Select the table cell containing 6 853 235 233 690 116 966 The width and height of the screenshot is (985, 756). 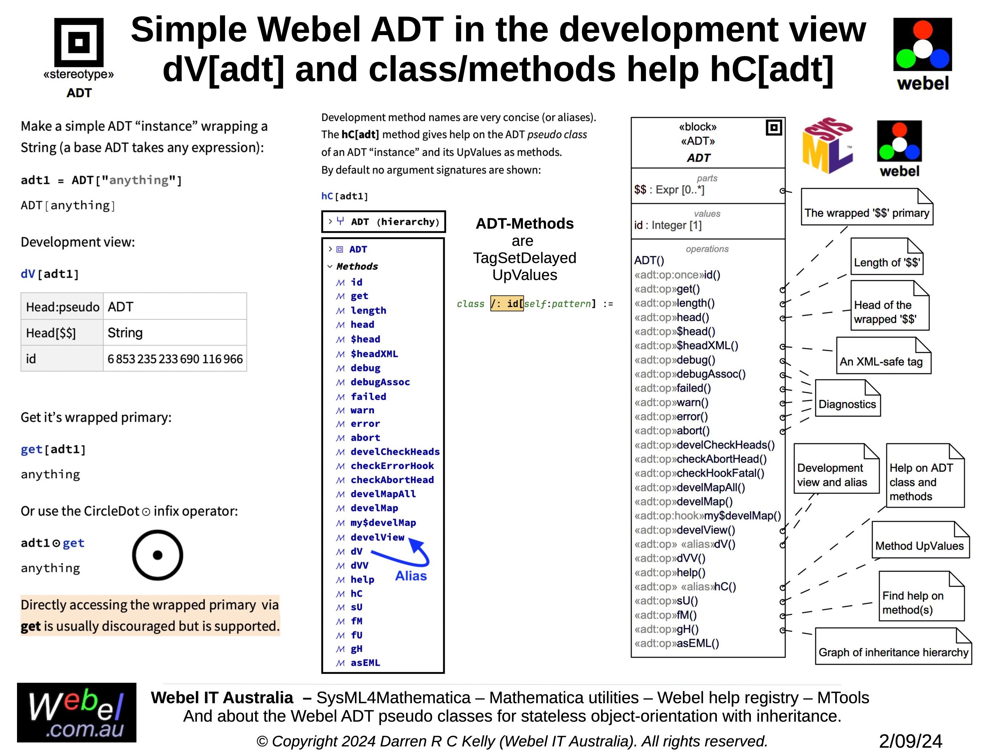[175, 359]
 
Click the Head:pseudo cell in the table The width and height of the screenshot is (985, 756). [62, 307]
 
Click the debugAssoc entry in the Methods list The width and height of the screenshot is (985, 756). [380, 382]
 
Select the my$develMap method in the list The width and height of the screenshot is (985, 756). [383, 522]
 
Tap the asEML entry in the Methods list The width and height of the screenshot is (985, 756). [365, 662]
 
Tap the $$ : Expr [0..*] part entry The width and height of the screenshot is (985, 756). [669, 190]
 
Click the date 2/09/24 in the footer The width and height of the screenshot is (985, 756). [910, 741]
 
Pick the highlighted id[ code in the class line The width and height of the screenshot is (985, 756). [507, 304]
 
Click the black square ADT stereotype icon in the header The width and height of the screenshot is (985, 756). [79, 42]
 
